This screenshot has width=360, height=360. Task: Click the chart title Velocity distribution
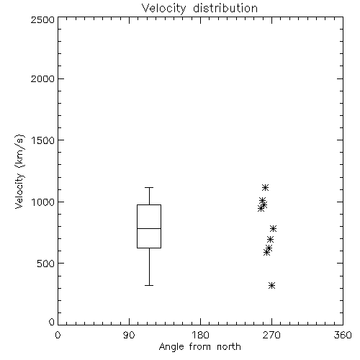199,9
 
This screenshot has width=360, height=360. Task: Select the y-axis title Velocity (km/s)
19,171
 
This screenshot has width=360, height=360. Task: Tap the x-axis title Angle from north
199,347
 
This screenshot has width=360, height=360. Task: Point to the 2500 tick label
42,19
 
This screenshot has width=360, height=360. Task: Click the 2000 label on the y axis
42,78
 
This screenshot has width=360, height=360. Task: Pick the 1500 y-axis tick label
43,140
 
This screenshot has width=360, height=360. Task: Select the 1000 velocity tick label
43,202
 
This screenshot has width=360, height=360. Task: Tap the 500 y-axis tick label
46,264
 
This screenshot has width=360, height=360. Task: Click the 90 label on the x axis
129,335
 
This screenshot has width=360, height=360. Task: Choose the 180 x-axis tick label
200,335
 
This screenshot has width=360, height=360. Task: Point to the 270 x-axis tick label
271,335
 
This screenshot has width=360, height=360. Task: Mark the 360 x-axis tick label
343,335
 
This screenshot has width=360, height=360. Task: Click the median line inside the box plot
149,228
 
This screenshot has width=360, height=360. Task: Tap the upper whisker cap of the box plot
149,187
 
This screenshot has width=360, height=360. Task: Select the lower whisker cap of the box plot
149,285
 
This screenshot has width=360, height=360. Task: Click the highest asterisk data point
265,187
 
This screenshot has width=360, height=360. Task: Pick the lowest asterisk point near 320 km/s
271,285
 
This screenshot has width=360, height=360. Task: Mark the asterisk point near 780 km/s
273,228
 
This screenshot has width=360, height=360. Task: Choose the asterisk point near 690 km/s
270,239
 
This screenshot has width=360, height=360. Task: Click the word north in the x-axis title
229,347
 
